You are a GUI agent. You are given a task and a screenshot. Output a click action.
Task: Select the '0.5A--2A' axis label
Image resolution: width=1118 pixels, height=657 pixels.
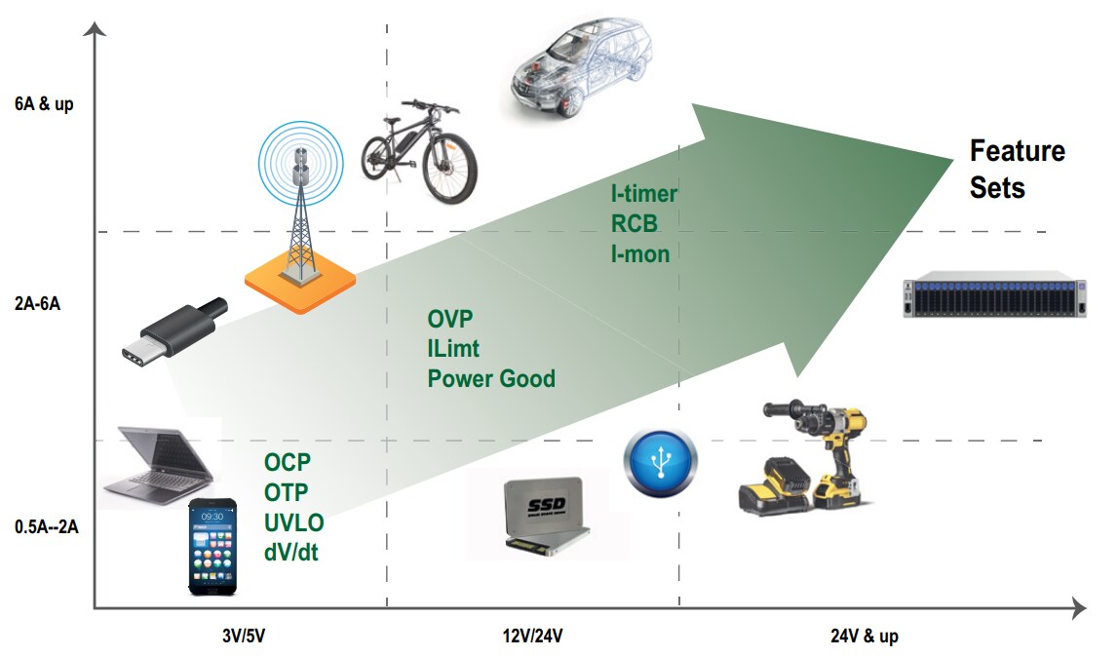[47, 527]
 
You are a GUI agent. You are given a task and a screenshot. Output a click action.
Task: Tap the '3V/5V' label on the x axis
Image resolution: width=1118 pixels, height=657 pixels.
[244, 637]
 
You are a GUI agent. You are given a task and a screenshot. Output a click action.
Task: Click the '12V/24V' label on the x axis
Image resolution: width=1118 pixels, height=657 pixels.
[530, 637]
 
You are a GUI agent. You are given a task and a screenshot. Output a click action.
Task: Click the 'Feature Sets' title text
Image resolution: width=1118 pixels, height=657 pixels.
[1017, 169]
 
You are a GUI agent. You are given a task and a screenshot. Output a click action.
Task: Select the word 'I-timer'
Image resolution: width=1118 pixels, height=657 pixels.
[643, 194]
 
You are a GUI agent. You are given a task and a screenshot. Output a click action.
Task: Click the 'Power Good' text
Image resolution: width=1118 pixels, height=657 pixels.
[491, 378]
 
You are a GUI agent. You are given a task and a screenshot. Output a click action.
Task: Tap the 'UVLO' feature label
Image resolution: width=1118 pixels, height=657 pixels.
[293, 522]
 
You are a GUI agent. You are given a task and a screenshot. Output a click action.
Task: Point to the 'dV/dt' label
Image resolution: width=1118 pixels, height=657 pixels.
[290, 553]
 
